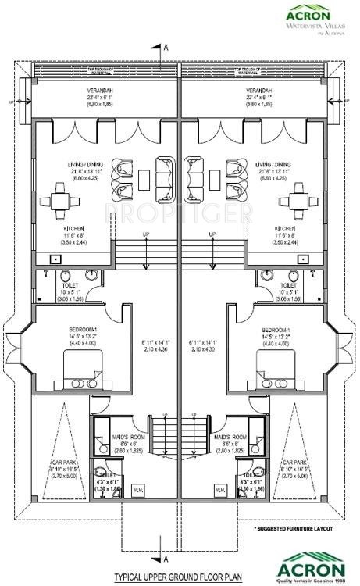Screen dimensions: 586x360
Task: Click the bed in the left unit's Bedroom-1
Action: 82,366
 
